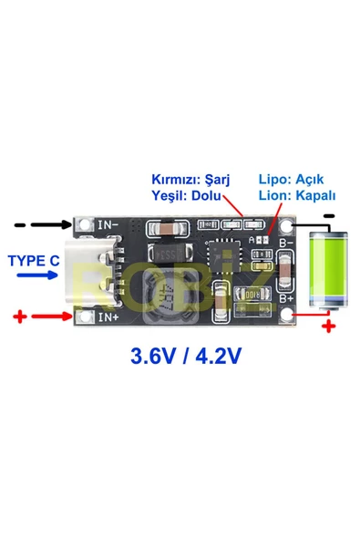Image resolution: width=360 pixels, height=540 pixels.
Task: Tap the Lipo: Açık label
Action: (291, 179)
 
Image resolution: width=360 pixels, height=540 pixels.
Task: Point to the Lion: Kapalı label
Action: (297, 195)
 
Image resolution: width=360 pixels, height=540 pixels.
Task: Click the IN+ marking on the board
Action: (108, 317)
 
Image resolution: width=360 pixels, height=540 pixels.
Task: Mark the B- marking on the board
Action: (284, 244)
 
